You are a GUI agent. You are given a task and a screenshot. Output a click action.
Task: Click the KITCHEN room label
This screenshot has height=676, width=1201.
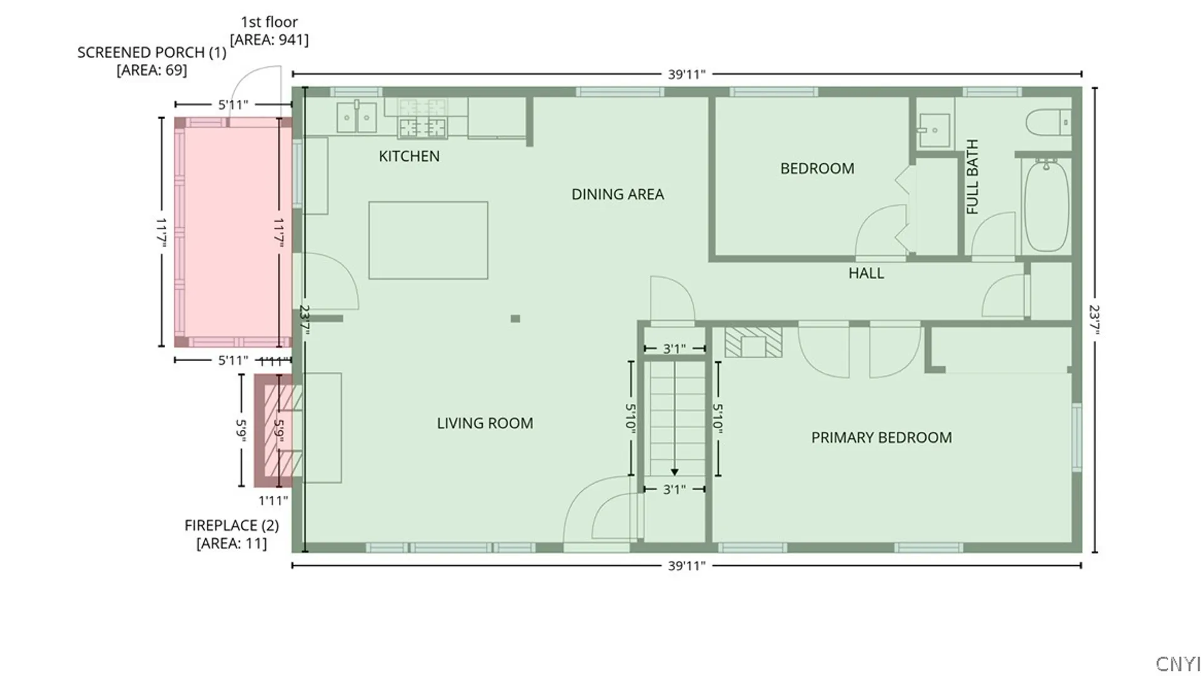click(x=409, y=156)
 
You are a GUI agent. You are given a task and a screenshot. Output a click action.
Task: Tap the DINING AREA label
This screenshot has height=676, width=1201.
click(x=617, y=194)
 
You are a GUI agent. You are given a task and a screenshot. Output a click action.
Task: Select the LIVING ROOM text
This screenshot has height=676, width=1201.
click(x=485, y=423)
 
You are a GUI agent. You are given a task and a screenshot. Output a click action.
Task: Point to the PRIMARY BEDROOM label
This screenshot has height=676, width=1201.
click(x=881, y=438)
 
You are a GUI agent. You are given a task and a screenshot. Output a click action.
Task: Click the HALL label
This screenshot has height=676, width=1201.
click(x=866, y=273)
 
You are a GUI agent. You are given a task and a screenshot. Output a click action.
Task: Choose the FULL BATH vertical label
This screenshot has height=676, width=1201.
click(x=972, y=177)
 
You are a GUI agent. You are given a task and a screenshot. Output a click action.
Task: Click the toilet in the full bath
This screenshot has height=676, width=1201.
click(x=1048, y=122)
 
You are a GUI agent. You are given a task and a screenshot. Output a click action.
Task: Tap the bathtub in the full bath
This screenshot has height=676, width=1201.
click(x=1046, y=205)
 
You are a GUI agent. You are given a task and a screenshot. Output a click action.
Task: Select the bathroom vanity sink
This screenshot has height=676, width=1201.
click(x=934, y=130)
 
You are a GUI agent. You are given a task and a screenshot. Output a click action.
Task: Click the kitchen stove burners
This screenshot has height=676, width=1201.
click(x=423, y=128)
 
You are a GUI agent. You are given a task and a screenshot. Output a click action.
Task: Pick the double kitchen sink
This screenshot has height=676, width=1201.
click(x=357, y=118)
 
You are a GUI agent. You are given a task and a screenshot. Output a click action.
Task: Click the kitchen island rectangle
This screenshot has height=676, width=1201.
click(x=428, y=240)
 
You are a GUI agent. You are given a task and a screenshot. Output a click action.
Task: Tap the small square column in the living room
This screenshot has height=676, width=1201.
click(x=515, y=319)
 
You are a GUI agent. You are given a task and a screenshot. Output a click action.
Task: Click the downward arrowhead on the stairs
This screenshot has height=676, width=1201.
click(x=674, y=472)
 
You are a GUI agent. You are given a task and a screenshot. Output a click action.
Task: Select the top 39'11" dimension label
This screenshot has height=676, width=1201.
click(x=686, y=74)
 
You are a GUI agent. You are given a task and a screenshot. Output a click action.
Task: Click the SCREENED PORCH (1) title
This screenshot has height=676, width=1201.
click(x=152, y=53)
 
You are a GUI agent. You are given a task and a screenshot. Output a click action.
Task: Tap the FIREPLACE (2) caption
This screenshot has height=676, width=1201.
click(x=231, y=525)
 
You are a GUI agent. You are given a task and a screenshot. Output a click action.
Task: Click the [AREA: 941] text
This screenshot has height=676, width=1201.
click(x=269, y=40)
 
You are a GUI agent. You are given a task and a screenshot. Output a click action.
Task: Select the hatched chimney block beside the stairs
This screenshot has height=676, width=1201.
click(x=753, y=342)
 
